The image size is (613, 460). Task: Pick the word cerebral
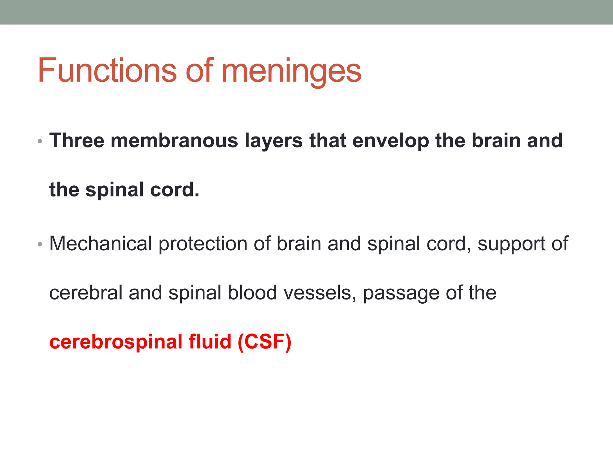[x=86, y=293]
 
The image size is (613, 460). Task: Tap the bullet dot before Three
[x=40, y=141]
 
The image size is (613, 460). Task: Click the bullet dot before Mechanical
[x=40, y=244]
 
